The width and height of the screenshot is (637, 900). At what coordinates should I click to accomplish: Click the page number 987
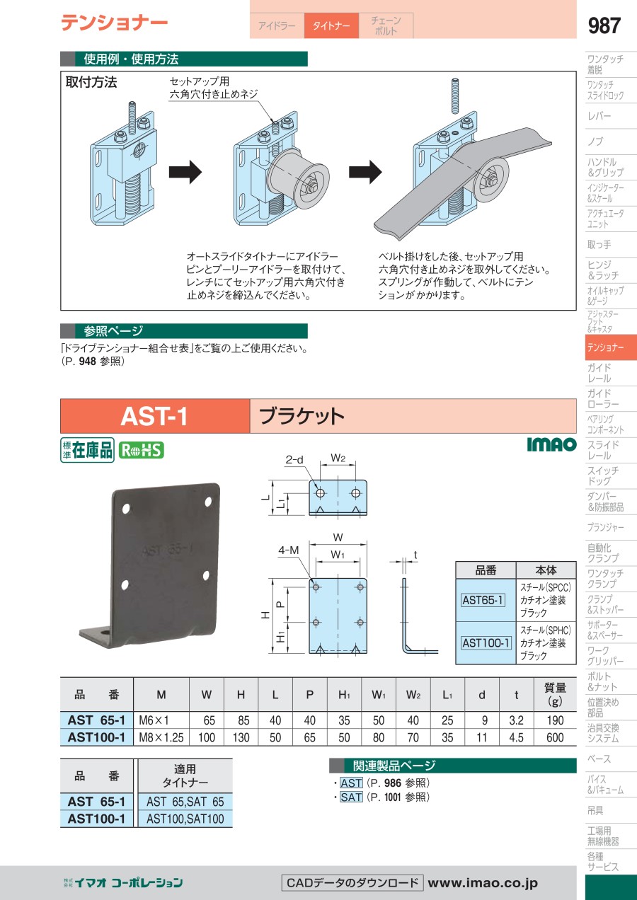604,26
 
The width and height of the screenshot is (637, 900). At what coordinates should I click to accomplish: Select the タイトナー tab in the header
331,25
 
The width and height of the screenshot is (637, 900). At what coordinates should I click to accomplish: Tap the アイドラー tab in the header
277,25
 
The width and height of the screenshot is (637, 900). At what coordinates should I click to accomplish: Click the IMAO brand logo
551,444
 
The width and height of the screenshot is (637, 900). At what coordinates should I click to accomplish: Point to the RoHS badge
140,450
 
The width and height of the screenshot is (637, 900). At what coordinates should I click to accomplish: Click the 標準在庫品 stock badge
87,450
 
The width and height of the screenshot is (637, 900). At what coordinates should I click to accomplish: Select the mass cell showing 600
555,737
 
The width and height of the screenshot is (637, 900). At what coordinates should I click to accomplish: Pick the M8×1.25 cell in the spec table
161,737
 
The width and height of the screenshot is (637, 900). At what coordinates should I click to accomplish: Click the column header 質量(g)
555,694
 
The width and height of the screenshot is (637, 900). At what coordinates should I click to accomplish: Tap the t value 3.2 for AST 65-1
516,720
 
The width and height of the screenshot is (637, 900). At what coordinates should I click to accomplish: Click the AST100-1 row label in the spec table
96,737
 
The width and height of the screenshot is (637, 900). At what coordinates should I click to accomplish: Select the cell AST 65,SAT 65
185,802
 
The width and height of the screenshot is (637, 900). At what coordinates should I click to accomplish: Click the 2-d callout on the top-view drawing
294,460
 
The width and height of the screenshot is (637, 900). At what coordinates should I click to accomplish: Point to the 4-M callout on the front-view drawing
288,548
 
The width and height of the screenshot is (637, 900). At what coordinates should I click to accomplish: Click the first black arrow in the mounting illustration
185,172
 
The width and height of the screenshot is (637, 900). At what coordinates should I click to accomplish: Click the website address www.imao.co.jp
483,882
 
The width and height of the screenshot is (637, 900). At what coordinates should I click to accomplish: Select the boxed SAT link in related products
351,797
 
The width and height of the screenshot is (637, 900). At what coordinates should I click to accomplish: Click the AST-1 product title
154,416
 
